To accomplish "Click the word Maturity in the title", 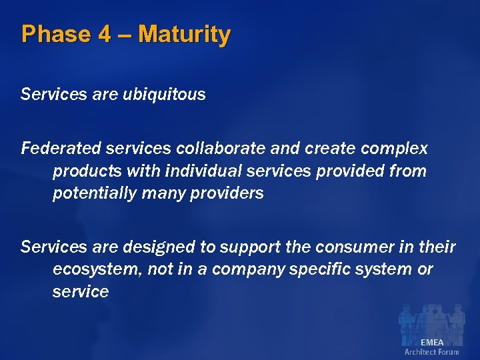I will coord(185,34).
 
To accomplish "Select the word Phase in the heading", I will coord(55,34).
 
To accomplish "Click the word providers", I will coord(229,193).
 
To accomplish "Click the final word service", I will coord(80,292).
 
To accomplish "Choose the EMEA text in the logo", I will coord(431,342).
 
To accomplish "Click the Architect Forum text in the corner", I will coord(431,352).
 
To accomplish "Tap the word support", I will coord(246,247).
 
